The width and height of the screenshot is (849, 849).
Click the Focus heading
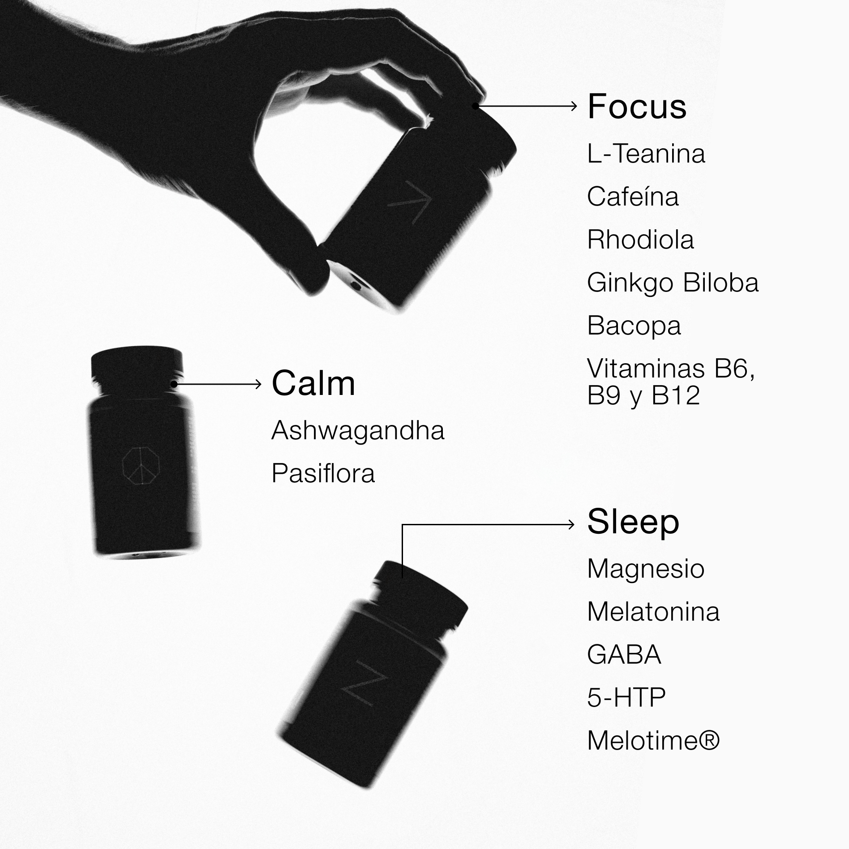[637, 107]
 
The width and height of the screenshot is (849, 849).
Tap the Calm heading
[313, 384]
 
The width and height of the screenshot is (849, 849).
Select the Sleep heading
[633, 522]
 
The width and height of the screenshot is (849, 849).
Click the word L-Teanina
[646, 154]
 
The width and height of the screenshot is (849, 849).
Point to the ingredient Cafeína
[633, 197]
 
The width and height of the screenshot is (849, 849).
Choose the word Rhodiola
[640, 240]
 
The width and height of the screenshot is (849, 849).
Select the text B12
[676, 395]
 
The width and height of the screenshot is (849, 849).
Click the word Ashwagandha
[358, 431]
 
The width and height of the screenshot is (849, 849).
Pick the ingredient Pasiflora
[323, 473]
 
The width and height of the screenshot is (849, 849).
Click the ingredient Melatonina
[653, 612]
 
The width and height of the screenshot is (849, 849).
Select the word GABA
[624, 655]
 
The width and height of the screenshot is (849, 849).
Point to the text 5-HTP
[626, 698]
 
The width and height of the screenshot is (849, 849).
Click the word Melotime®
[653, 741]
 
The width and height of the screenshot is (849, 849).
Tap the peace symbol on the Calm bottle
[141, 466]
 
